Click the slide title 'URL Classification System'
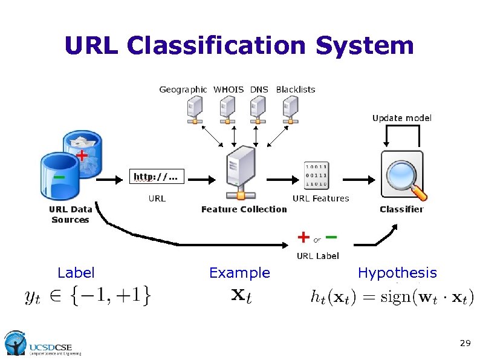point(239,46)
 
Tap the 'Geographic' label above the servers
point(183,90)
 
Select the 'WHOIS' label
point(229,90)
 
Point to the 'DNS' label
point(259,90)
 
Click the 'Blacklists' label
point(296,90)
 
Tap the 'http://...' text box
point(157,177)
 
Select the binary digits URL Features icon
point(316,175)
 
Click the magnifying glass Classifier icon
point(402,176)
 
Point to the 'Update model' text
point(402,118)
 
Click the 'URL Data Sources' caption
point(71,214)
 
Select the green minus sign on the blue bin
point(59,177)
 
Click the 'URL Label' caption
point(317,256)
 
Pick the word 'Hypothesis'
point(397,273)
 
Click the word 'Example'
point(239,273)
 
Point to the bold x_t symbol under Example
point(242,296)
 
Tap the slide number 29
point(464,343)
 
